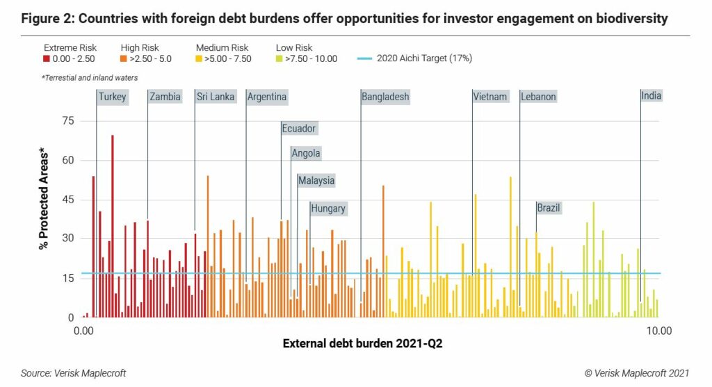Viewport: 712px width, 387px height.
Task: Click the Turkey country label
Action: pyautogui.click(x=112, y=97)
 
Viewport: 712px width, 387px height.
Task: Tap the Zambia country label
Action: pyautogui.click(x=165, y=97)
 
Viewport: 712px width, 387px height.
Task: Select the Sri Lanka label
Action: pyautogui.click(x=215, y=97)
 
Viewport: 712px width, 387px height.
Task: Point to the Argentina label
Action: pyautogui.click(x=267, y=97)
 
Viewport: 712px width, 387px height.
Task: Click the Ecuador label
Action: pyautogui.click(x=298, y=128)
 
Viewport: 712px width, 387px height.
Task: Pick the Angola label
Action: pyautogui.click(x=306, y=153)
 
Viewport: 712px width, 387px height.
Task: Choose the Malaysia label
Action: pyautogui.click(x=316, y=180)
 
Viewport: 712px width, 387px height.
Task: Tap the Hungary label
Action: pyautogui.click(x=327, y=208)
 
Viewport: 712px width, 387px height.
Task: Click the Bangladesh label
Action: pyautogui.click(x=385, y=97)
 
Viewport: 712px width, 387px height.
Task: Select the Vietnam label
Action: pyautogui.click(x=490, y=97)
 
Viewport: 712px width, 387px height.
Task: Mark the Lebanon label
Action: pyautogui.click(x=538, y=97)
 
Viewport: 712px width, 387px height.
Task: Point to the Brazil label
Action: pyautogui.click(x=549, y=207)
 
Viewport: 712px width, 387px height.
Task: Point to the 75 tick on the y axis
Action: pyautogui.click(x=67, y=120)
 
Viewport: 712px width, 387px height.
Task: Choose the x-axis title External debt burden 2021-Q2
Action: pyautogui.click(x=363, y=344)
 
